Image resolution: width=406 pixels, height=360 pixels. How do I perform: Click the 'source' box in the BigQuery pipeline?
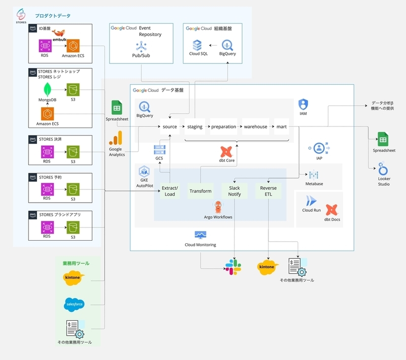(x=170, y=126)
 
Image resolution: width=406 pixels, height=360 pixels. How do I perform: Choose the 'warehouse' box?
(x=255, y=126)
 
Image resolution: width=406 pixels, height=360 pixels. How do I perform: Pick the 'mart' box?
(x=282, y=126)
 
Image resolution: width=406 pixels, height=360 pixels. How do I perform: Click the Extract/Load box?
(x=170, y=191)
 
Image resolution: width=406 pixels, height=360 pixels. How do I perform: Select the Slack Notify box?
(x=234, y=191)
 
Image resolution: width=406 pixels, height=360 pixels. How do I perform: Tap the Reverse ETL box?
(x=268, y=191)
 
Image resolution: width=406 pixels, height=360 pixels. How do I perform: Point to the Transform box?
(x=200, y=191)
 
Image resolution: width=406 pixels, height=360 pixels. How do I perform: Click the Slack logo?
(x=233, y=267)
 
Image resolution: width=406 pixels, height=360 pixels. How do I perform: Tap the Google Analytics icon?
(x=117, y=138)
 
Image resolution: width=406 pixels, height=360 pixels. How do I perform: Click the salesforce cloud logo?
(x=74, y=304)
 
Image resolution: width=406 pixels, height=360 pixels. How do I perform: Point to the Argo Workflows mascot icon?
(x=218, y=207)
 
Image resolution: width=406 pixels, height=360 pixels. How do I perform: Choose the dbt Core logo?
(x=226, y=151)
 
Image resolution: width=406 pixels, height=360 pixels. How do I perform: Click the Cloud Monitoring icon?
(x=200, y=235)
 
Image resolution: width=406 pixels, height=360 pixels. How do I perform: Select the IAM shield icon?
(x=303, y=104)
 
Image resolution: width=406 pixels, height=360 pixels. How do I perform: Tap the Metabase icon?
(x=314, y=175)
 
